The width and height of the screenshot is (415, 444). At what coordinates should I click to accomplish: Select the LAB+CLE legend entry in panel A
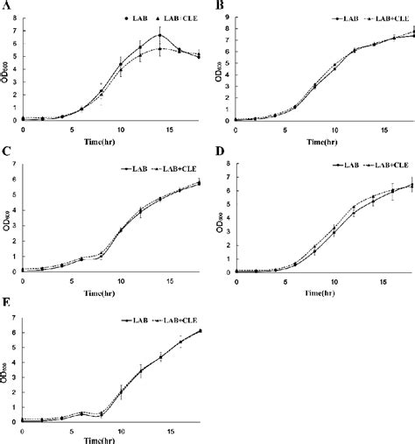click(179, 17)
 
